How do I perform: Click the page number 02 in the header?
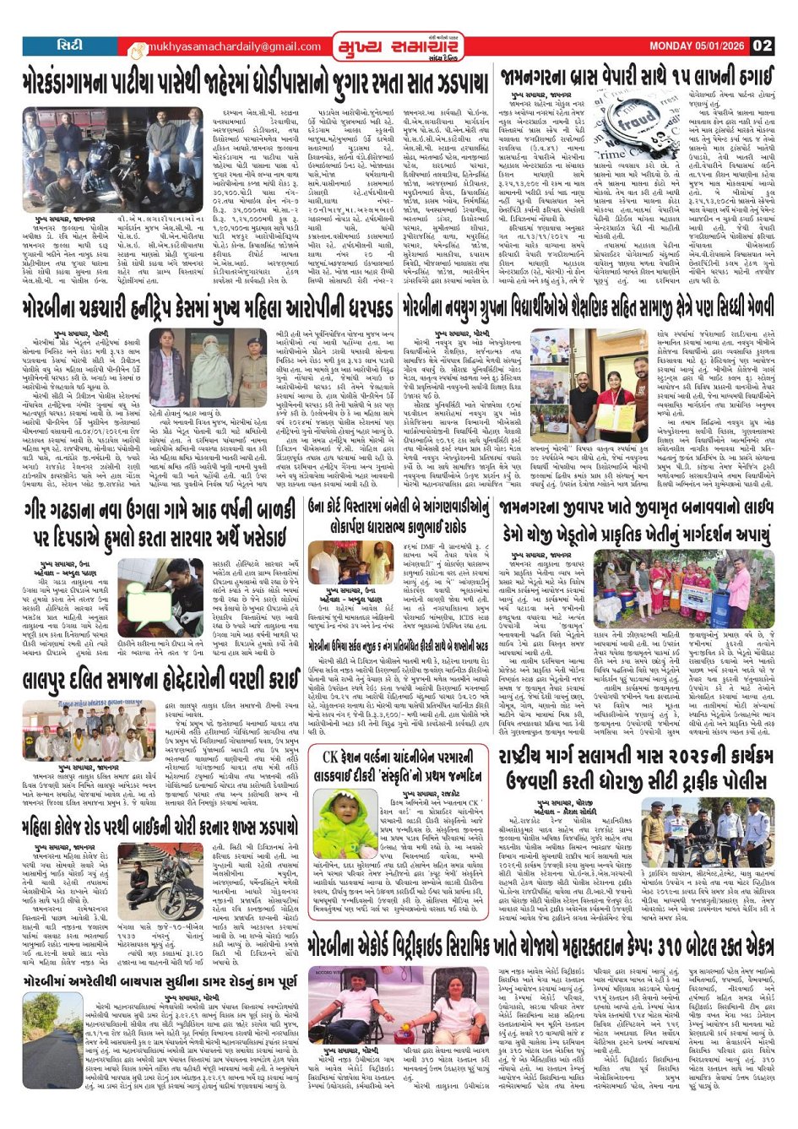tap(763, 46)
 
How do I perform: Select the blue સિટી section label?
tap(66, 46)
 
